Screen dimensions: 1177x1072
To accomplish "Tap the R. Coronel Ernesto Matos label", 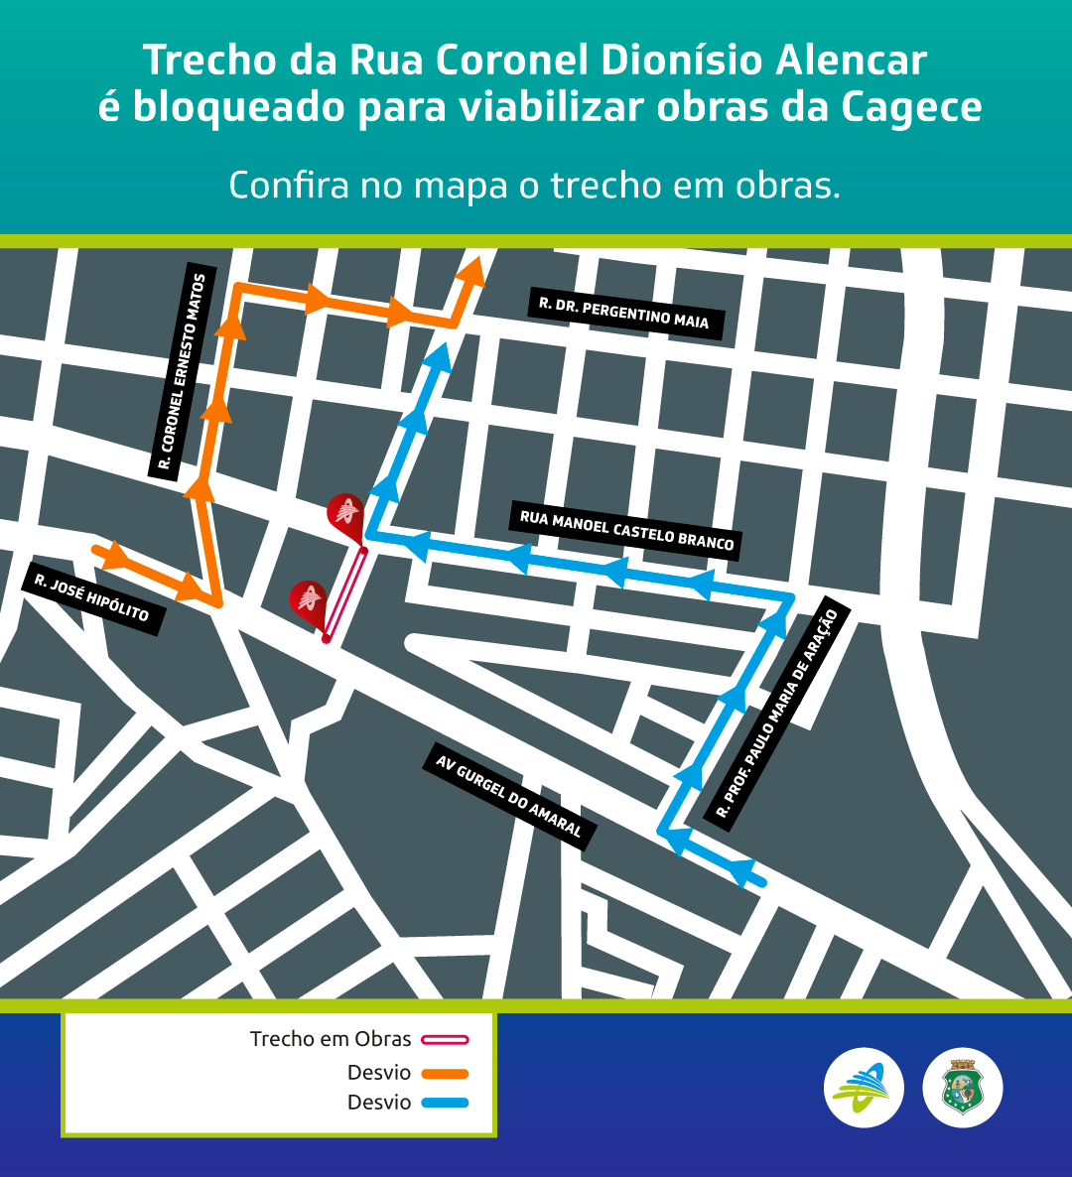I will [x=183, y=374].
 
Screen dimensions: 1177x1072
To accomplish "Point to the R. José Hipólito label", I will [x=92, y=599].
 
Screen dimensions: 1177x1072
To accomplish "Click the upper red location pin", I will [x=344, y=513].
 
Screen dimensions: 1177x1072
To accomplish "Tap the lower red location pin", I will [x=308, y=600].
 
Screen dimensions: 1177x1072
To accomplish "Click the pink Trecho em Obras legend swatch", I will [x=445, y=1040].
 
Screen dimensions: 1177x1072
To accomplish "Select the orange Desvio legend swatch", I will [x=445, y=1073].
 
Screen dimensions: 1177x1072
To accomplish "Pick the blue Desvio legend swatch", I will [x=445, y=1103].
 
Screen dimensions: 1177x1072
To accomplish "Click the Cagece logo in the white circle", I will [x=864, y=1088].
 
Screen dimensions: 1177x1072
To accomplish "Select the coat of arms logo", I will [x=963, y=1088].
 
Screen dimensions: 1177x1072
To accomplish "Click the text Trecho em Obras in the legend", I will [x=331, y=1039].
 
